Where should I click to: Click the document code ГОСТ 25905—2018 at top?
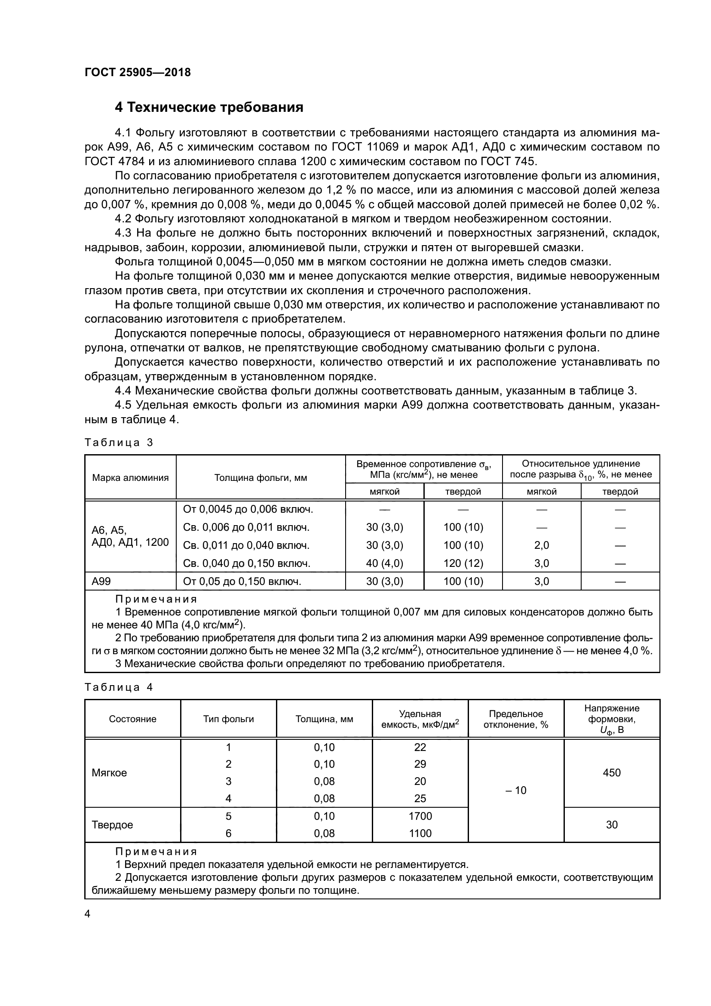point(138,72)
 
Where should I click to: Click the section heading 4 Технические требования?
point(209,108)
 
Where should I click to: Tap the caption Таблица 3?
point(119,443)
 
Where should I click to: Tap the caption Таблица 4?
point(119,687)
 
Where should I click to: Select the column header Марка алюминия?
point(130,477)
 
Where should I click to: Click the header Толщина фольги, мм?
point(260,477)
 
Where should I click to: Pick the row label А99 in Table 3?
point(101,581)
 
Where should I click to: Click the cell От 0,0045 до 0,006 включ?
point(248,509)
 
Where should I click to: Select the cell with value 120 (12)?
point(463,563)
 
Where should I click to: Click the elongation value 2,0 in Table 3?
point(542,545)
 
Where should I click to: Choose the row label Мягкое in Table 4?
point(109,773)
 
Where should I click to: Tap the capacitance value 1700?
point(420,816)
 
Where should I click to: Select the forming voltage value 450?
point(611,772)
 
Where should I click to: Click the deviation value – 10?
point(516,790)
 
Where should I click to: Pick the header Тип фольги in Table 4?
point(228,719)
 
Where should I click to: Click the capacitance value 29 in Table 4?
point(420,764)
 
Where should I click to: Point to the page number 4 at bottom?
point(88,914)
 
